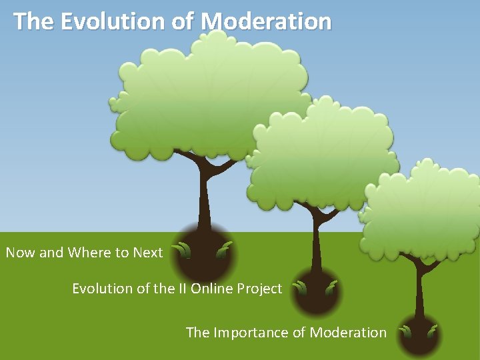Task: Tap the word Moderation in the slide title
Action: coord(266,21)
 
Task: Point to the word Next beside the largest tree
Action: coord(147,253)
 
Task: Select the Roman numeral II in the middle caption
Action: coord(181,289)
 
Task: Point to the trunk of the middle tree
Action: coord(315,243)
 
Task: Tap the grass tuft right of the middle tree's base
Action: coord(331,287)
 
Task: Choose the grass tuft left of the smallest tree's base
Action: coord(405,331)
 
